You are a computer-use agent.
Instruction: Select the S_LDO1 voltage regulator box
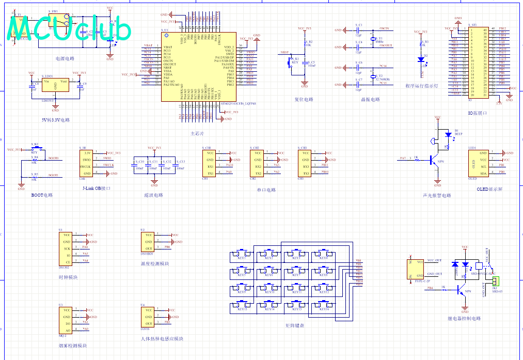[x=55, y=86]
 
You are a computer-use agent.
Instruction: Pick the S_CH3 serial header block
[x=306, y=163]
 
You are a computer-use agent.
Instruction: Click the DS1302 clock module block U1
[x=67, y=248]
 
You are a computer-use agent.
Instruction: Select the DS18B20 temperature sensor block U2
[x=148, y=241]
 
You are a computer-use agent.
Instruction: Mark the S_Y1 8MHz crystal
[x=373, y=39]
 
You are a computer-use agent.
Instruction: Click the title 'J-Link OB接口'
[x=97, y=189]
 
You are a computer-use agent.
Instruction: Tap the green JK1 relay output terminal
[x=496, y=281]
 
